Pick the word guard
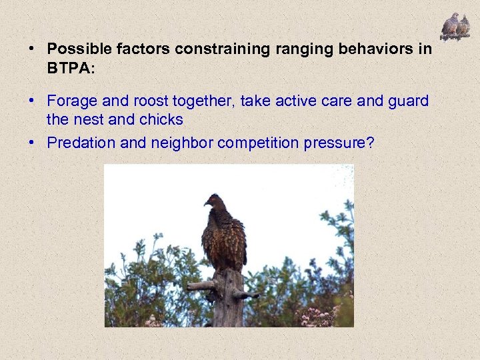[408, 101]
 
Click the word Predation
[77, 143]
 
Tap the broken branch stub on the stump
[200, 285]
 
